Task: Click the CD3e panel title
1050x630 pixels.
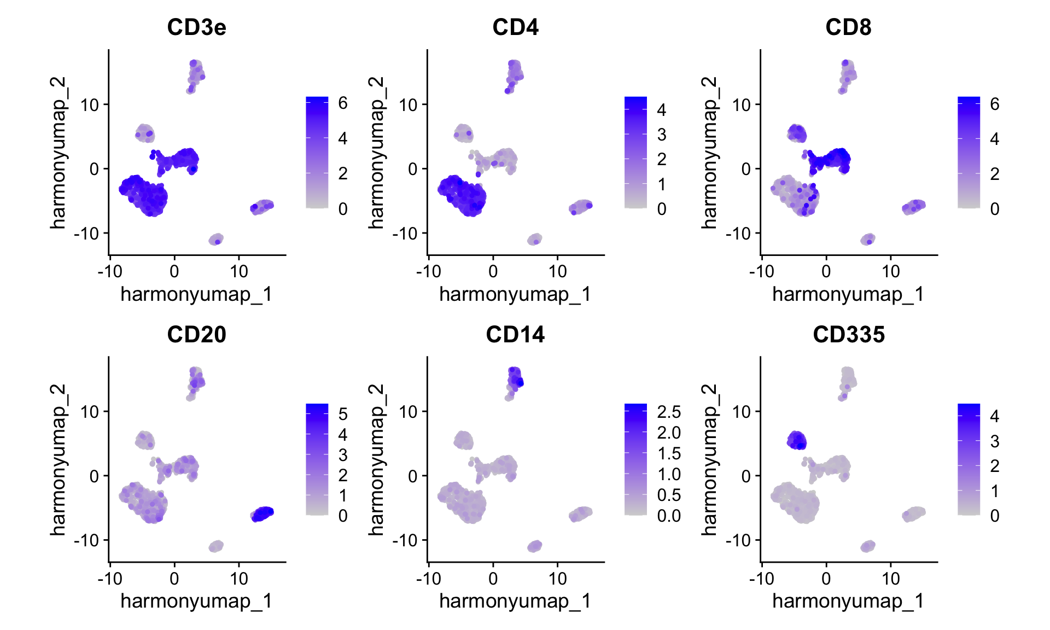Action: (x=196, y=27)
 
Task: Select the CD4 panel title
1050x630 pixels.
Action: (x=515, y=27)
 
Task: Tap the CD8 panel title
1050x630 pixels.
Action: (x=848, y=27)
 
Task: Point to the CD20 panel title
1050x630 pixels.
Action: (x=196, y=335)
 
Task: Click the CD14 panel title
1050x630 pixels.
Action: (x=515, y=335)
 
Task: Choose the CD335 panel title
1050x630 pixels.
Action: (x=848, y=335)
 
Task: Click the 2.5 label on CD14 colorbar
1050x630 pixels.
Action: (x=668, y=412)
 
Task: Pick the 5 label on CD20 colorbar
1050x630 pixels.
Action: (x=343, y=414)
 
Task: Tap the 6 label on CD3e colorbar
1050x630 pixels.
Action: (x=343, y=103)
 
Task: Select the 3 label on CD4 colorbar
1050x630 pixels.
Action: (x=662, y=135)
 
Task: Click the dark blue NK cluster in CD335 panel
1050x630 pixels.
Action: (x=797, y=440)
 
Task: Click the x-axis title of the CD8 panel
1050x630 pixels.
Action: (x=848, y=294)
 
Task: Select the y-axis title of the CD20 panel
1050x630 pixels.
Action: (x=58, y=459)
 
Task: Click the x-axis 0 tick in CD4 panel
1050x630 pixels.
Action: (x=493, y=271)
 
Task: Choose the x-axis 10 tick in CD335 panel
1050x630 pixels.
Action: (x=890, y=579)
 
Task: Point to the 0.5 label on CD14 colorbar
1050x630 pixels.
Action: (x=668, y=495)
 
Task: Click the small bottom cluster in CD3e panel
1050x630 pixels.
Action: (x=216, y=240)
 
